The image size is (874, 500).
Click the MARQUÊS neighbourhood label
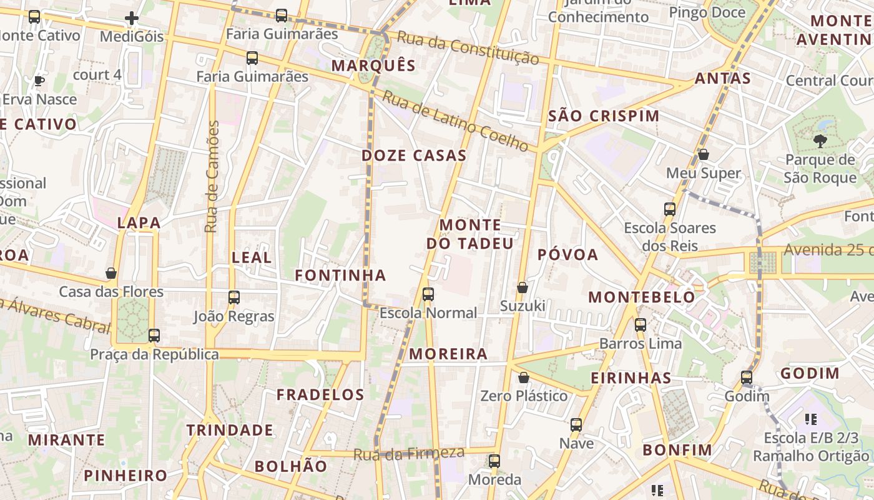pos(373,66)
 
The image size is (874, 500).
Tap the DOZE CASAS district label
pos(415,156)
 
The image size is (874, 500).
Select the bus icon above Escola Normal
pos(428,294)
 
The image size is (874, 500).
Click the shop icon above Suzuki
pos(523,287)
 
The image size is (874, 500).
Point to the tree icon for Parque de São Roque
pos(820,141)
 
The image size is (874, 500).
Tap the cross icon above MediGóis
pos(132,18)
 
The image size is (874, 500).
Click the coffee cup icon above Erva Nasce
pos(39,81)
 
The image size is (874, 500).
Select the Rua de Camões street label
pos(213,177)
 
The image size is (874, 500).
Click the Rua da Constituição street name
pos(468,48)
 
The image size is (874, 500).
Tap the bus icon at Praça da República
pos(154,336)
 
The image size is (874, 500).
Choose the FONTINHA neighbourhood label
pos(340,275)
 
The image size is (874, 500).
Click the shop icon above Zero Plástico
pos(524,377)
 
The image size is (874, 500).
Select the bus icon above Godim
pos(747,377)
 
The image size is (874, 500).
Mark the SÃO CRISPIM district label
pos(604,116)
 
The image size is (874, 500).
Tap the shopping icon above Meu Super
pos(704,154)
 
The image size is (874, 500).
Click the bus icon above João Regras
pos(234,297)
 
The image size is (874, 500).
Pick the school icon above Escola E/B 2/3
pos(811,419)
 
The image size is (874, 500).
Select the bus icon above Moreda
pos(494,461)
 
